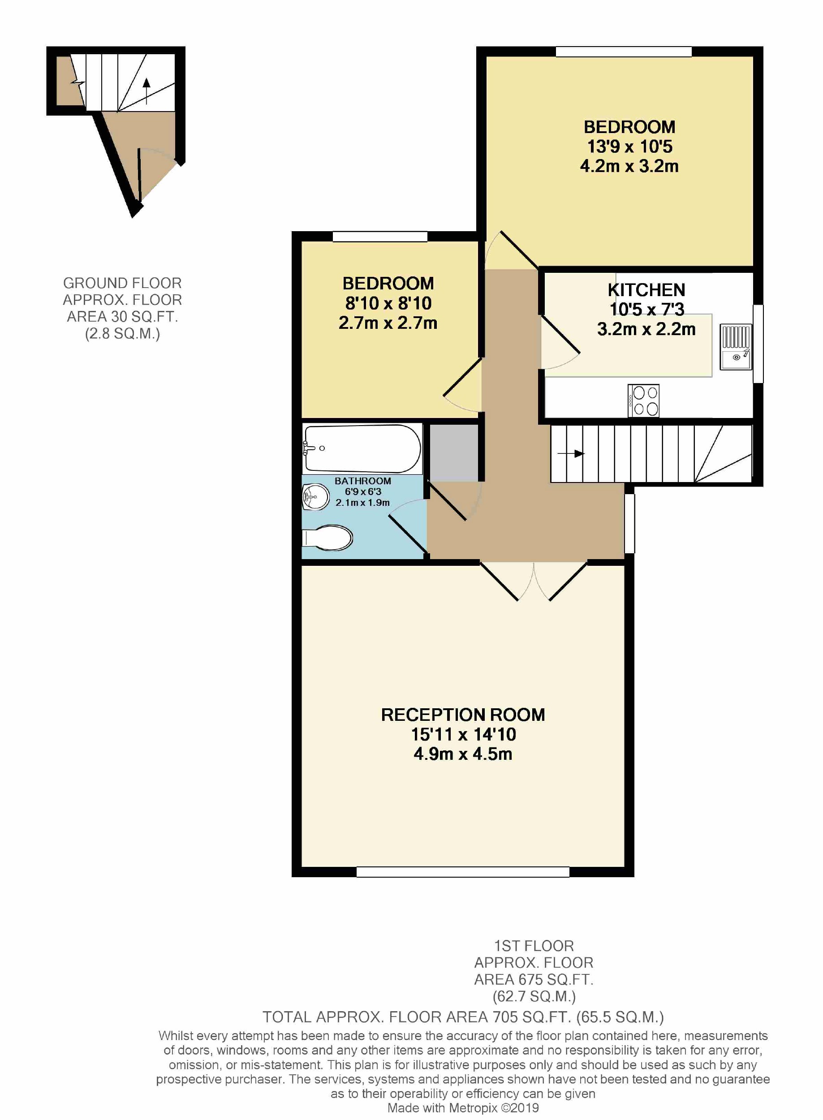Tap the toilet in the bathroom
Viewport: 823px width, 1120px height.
(x=327, y=538)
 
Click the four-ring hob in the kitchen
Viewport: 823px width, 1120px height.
(x=643, y=401)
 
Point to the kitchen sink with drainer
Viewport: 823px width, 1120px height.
(x=735, y=347)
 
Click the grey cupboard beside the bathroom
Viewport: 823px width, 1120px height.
(x=454, y=452)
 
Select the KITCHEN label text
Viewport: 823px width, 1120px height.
(x=646, y=290)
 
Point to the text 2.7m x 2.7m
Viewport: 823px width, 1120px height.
(x=388, y=323)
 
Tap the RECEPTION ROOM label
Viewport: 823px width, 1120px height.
(x=463, y=715)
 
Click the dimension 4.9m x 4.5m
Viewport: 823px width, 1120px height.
(x=463, y=754)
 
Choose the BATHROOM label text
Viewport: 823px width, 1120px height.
(x=363, y=481)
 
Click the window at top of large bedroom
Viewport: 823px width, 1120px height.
(x=623, y=52)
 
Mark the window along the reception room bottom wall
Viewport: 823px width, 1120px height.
(x=463, y=872)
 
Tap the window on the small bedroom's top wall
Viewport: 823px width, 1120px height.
(x=379, y=237)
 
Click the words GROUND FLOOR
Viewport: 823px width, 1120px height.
(x=122, y=283)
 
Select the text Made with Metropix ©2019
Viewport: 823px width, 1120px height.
(x=463, y=1107)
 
